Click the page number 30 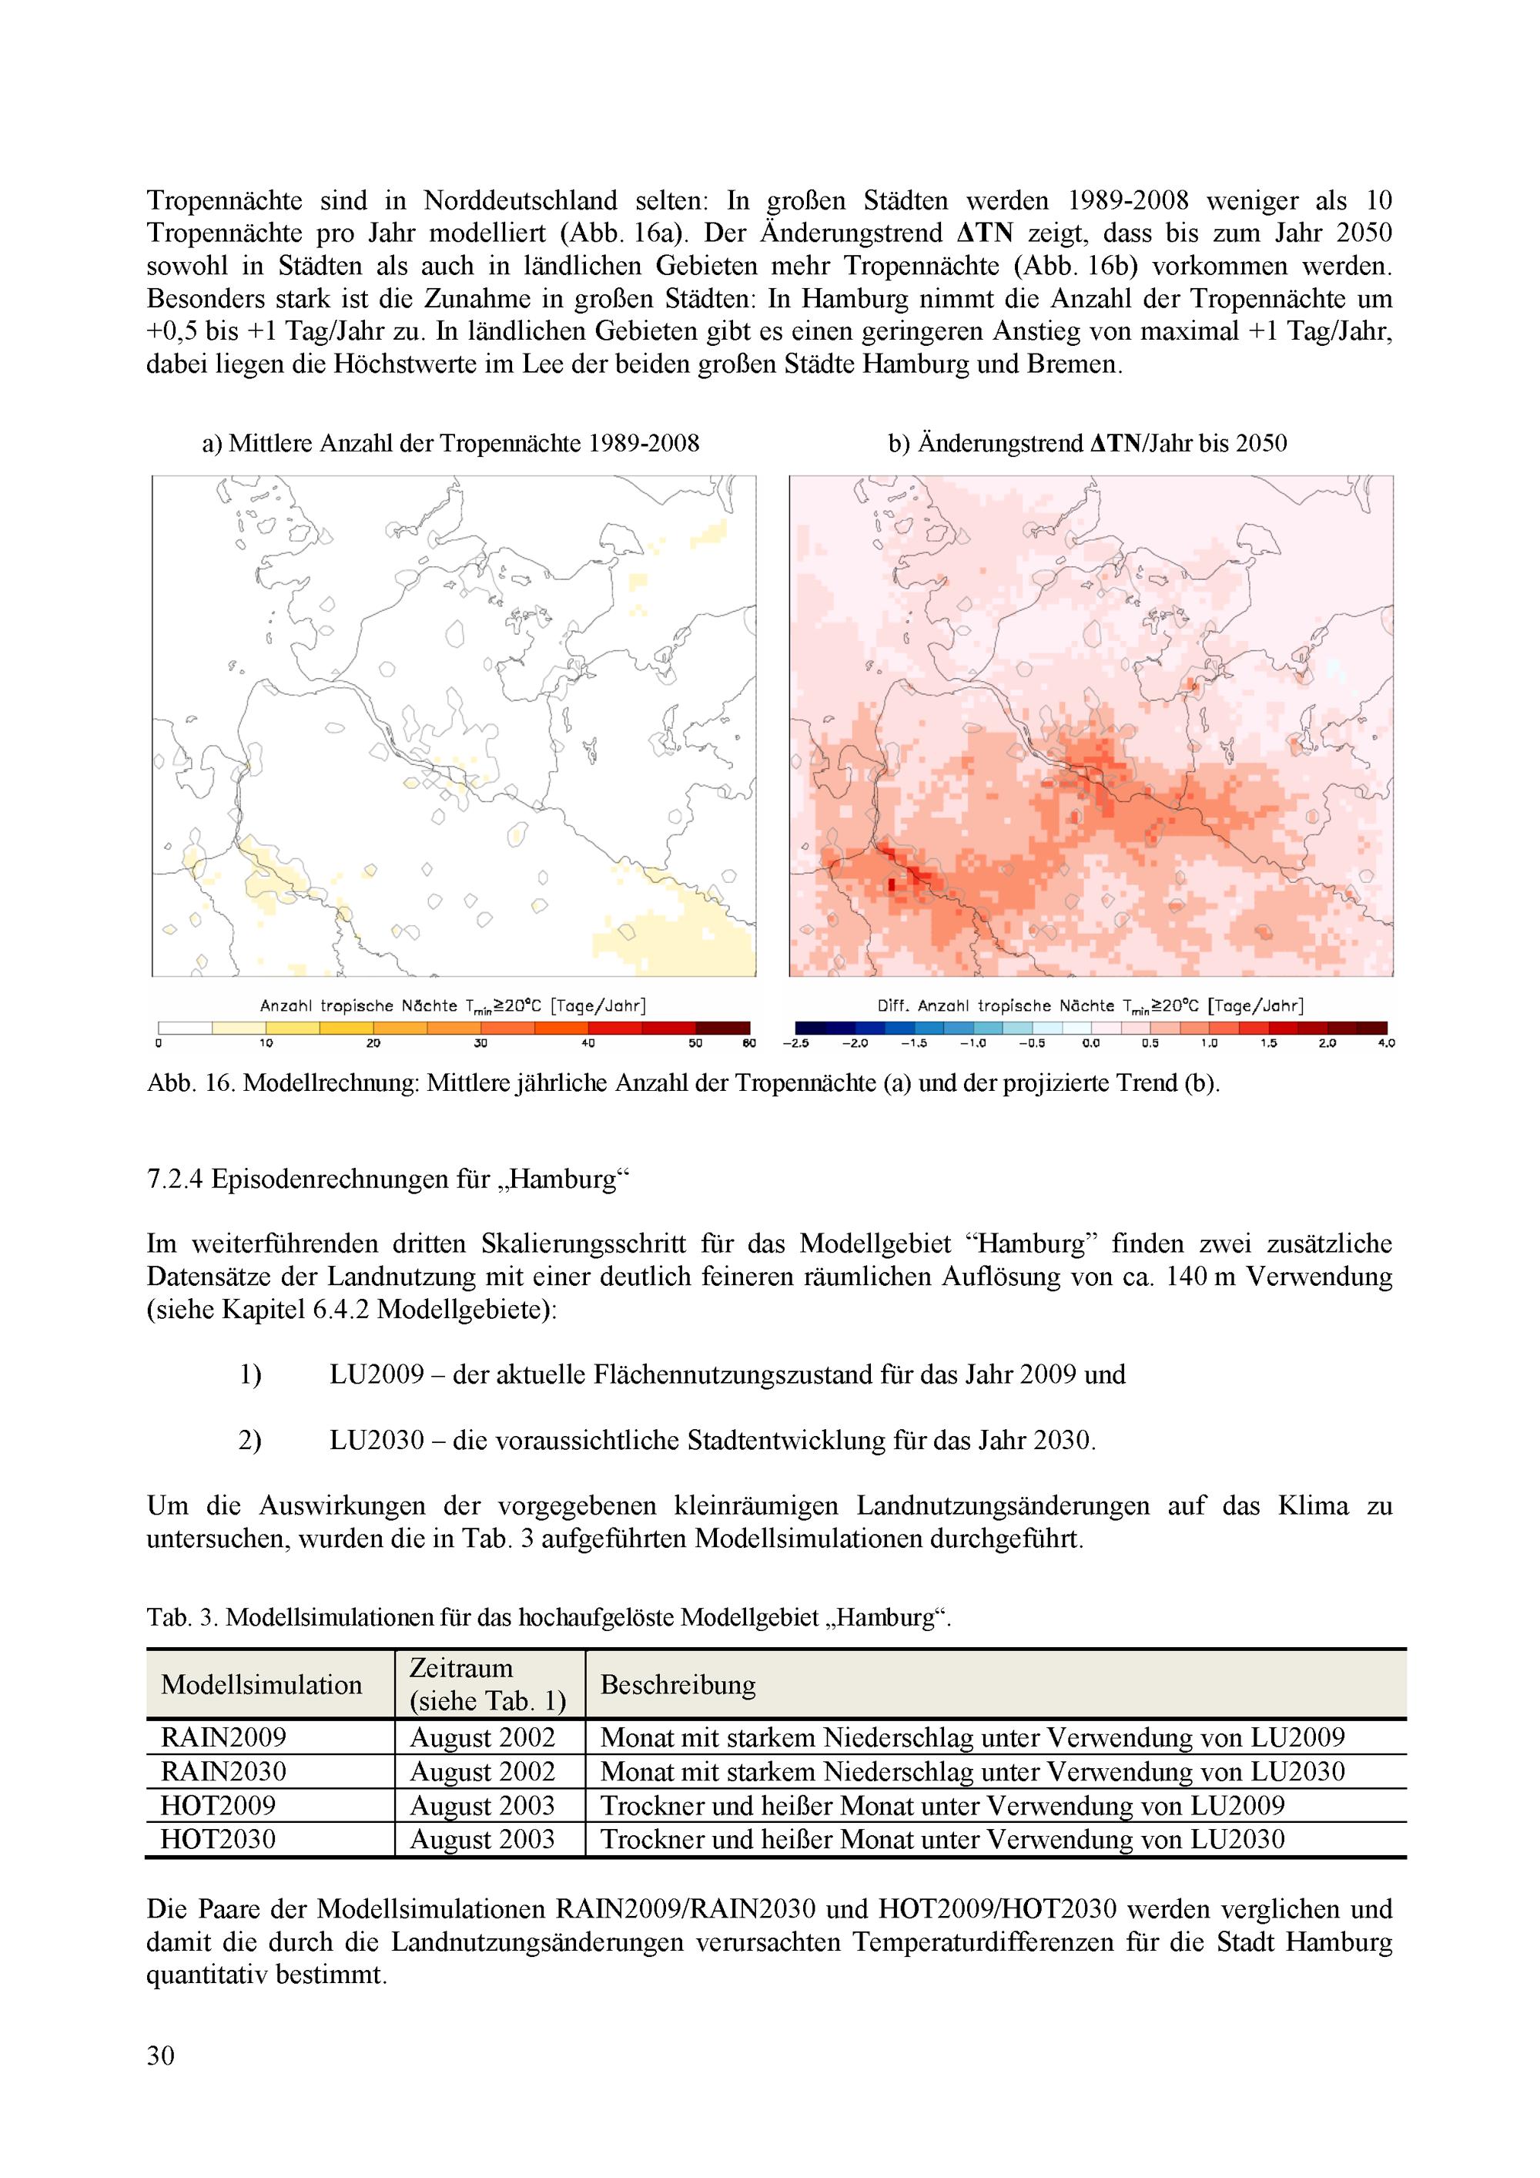[161, 2056]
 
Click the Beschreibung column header [678, 1686]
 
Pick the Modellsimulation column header [262, 1686]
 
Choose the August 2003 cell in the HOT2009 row [482, 1805]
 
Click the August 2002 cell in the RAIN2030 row [482, 1772]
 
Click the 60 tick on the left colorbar [750, 1043]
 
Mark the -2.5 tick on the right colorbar [795, 1043]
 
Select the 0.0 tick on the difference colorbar [1090, 1043]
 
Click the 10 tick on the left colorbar [266, 1043]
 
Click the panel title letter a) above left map [212, 443]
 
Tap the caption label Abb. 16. [189, 1083]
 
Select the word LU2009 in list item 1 [377, 1374]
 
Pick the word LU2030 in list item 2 [377, 1441]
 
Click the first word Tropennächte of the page [224, 201]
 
